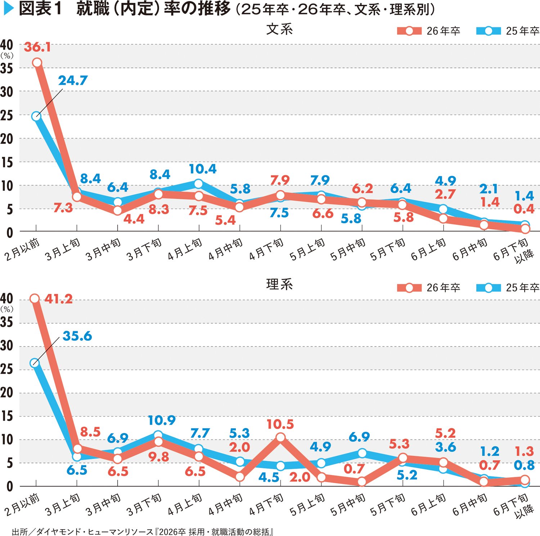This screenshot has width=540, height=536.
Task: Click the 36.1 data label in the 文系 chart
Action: [37, 47]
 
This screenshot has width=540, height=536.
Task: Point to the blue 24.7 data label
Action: [73, 81]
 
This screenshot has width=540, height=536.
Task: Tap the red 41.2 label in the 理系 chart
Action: [58, 299]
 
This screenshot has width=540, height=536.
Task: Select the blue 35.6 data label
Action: [77, 336]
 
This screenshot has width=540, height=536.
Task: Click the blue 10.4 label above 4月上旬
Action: [203, 169]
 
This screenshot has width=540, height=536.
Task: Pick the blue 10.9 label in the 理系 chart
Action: [162, 420]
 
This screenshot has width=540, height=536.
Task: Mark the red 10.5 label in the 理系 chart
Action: [280, 424]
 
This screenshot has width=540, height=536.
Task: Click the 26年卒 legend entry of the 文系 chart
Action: [428, 31]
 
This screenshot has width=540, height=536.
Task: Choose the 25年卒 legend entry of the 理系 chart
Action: [508, 288]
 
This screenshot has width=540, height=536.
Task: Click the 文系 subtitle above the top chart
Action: [279, 29]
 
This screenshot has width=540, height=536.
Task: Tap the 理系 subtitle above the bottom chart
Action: [279, 284]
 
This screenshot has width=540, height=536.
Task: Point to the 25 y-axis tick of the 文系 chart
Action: [6, 116]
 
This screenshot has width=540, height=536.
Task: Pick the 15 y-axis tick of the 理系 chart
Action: [6, 416]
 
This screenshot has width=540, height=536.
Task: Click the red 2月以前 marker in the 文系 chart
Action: [37, 63]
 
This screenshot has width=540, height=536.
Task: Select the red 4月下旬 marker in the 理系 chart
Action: [280, 437]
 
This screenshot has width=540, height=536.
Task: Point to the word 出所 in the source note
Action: [19, 532]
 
